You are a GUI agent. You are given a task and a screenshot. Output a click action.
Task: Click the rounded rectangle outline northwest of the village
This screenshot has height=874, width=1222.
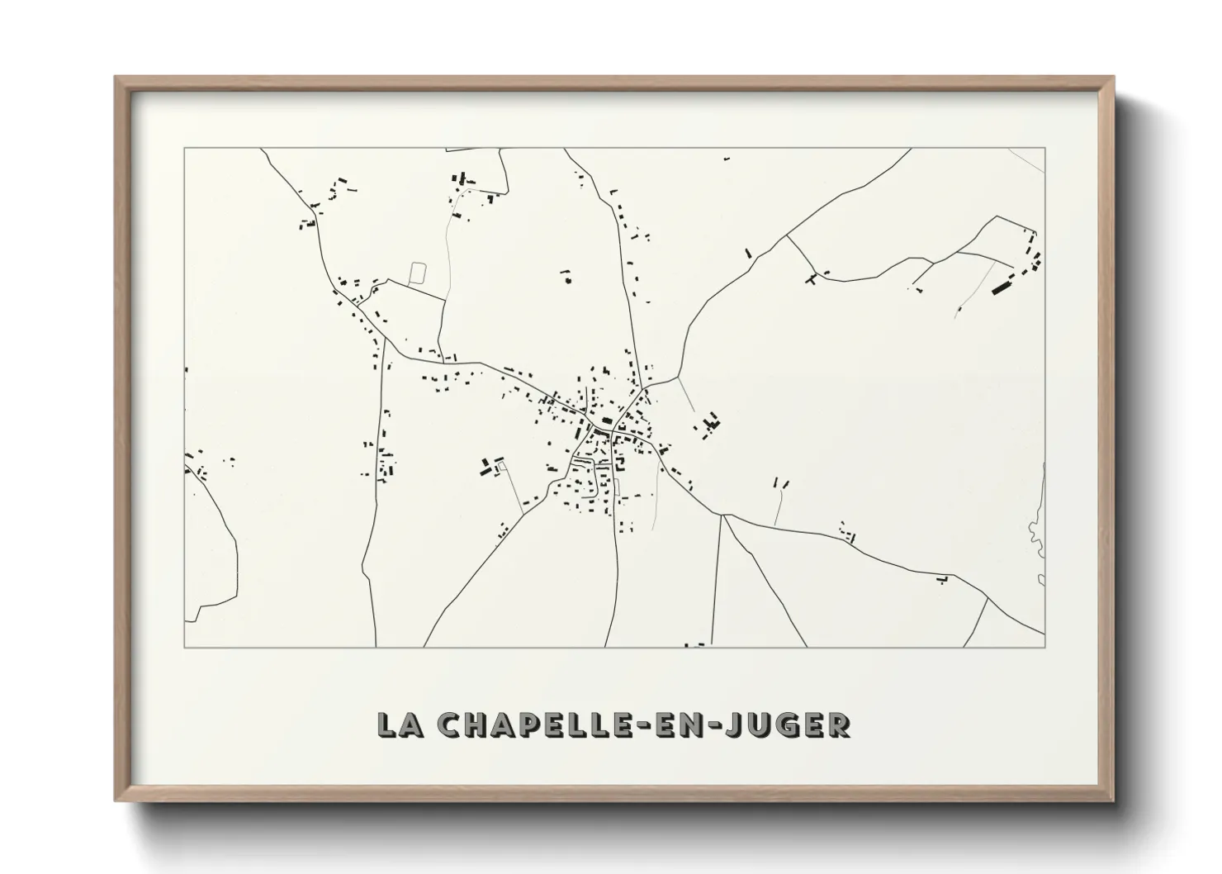[419, 273]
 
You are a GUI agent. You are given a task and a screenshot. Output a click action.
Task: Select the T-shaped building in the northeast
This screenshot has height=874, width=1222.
[812, 278]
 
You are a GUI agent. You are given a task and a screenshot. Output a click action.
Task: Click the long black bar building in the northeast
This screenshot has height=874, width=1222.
[1002, 287]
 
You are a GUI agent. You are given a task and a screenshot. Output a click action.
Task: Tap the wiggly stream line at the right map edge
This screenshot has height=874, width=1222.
[1038, 529]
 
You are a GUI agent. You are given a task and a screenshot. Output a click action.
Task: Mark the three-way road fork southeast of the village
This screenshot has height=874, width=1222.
[722, 515]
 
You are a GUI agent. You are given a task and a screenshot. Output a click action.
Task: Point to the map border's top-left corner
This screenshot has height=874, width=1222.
[184, 149]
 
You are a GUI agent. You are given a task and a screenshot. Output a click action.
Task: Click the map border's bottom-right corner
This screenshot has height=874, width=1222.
[1044, 646]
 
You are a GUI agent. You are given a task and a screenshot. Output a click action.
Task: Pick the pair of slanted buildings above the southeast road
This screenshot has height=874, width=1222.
[781, 482]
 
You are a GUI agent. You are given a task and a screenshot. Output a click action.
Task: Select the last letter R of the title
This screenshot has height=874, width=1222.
[839, 724]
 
